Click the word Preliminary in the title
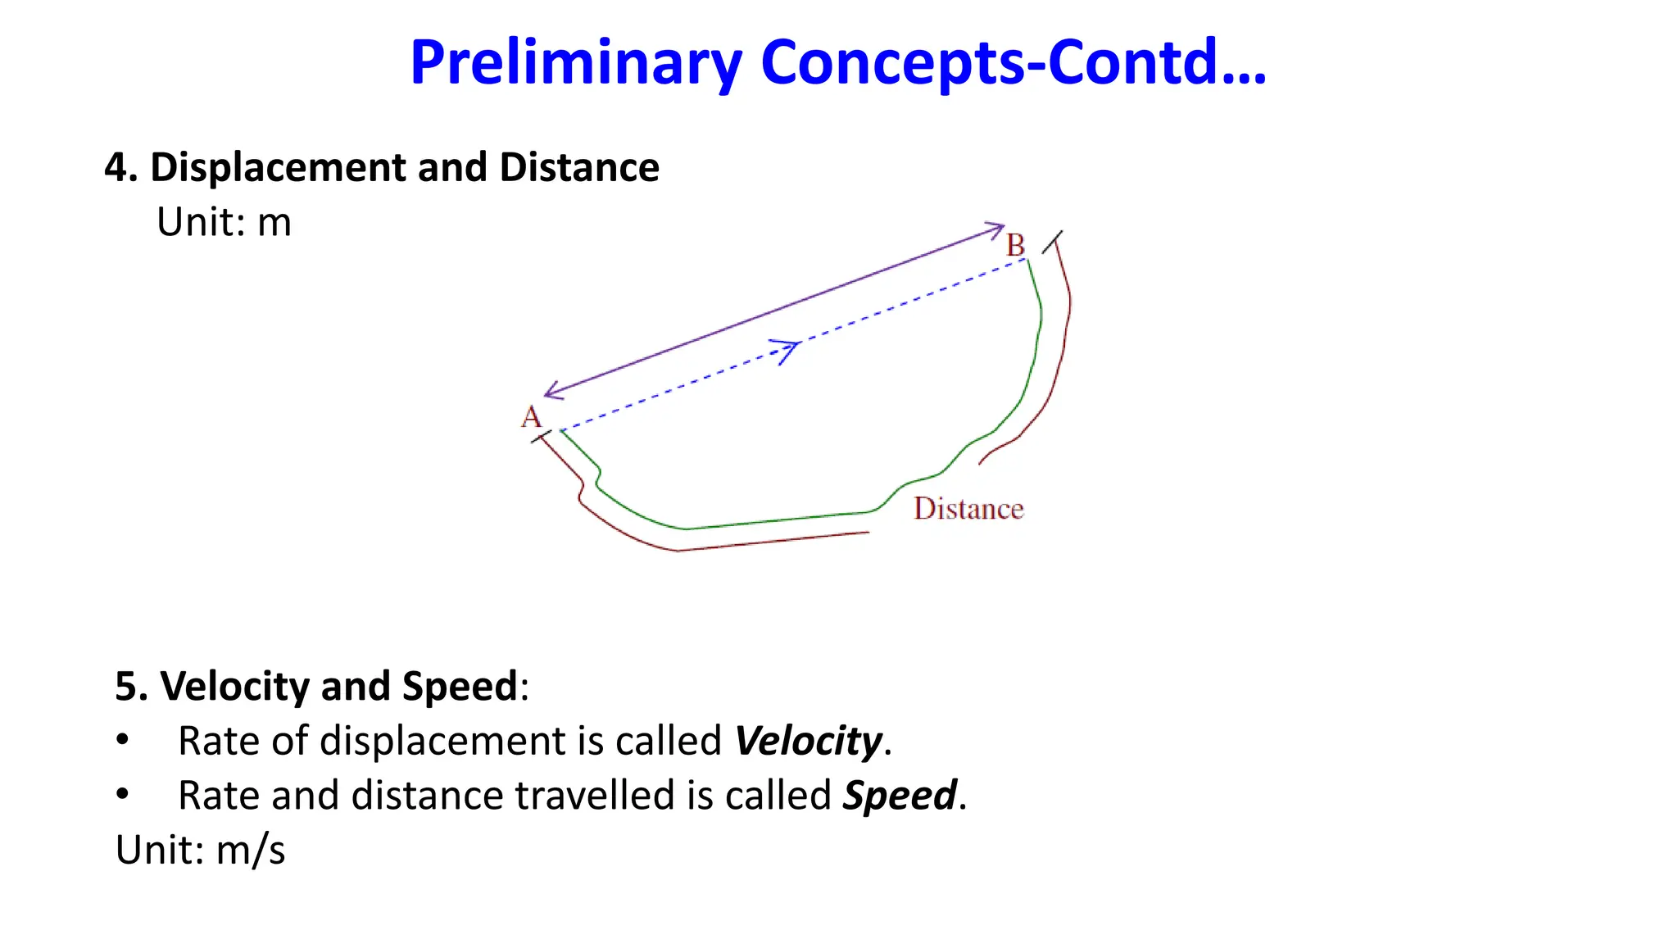click(576, 64)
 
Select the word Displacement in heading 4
click(279, 167)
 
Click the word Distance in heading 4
click(579, 167)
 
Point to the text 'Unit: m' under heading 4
click(224, 222)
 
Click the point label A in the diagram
click(531, 417)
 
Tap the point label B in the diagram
click(1015, 245)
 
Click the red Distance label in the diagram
click(968, 509)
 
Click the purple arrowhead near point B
click(996, 228)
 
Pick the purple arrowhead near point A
click(552, 392)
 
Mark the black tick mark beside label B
click(1052, 242)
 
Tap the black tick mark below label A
click(541, 438)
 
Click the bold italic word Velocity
click(808, 741)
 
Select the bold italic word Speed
click(900, 795)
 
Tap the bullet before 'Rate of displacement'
click(123, 740)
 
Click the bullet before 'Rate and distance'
click(123, 794)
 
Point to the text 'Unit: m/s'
click(200, 850)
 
